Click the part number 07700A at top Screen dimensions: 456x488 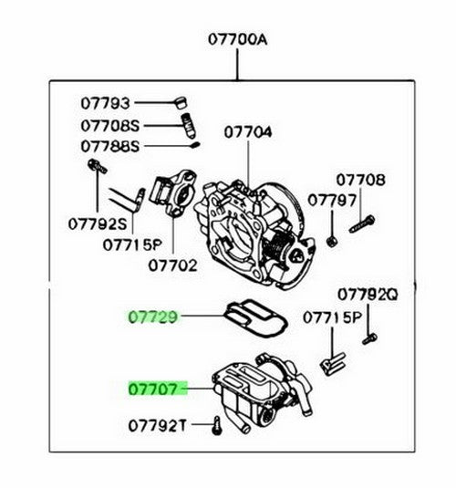coord(237,39)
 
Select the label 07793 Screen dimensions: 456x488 coord(105,103)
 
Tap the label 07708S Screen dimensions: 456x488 coord(110,126)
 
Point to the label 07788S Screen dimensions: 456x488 coord(110,146)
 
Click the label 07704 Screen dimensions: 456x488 coord(248,132)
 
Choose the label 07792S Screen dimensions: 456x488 coord(98,223)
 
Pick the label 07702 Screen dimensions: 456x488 coord(172,266)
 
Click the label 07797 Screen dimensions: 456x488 coord(332,201)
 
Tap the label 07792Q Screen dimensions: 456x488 coord(368,295)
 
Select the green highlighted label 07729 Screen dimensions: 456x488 coord(153,317)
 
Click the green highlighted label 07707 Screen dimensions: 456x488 coord(153,389)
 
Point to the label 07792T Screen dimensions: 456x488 coord(158,426)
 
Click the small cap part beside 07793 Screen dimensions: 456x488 coord(181,102)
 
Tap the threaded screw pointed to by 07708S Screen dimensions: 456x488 coord(188,126)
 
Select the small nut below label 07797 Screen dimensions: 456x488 coord(331,241)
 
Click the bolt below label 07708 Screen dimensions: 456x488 coord(362,224)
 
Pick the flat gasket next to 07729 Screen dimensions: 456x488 coord(255,317)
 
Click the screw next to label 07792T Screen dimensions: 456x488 coord(216,426)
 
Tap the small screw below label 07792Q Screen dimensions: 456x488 coord(369,338)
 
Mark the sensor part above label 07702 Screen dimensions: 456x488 coord(172,192)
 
